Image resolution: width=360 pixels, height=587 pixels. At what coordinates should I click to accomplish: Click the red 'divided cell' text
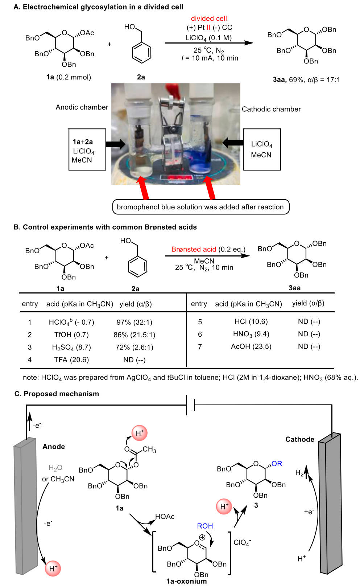point(209,19)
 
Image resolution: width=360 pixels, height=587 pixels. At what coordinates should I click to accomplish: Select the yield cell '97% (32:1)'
point(134,322)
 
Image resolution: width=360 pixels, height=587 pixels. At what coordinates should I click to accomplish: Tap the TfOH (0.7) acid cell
point(71,334)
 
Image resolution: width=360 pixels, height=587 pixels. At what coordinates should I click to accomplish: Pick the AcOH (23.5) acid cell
point(251,346)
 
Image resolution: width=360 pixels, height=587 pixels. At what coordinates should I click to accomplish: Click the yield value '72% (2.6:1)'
point(134,347)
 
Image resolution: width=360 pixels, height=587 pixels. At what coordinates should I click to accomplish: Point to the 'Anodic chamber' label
point(82,107)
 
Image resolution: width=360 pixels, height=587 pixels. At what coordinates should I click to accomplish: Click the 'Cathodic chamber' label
point(271,109)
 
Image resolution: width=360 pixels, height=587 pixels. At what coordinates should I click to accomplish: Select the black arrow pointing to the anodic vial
point(115,144)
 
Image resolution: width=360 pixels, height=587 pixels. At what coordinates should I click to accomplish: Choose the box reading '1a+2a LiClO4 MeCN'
point(87,149)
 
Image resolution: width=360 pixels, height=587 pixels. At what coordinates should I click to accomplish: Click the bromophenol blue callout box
point(201,207)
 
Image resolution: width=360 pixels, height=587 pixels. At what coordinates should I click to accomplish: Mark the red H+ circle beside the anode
point(53,568)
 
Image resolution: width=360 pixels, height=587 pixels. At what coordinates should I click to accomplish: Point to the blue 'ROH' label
point(205,526)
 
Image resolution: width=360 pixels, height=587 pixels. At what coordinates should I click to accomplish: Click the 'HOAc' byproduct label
point(165,517)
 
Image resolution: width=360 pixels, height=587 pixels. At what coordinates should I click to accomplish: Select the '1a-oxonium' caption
point(186,581)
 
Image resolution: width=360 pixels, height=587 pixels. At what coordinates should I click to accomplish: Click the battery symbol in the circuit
point(190,405)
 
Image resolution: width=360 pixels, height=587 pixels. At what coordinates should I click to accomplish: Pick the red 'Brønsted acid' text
point(194,249)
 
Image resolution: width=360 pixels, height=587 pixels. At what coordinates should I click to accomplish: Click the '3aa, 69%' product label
point(288,80)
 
